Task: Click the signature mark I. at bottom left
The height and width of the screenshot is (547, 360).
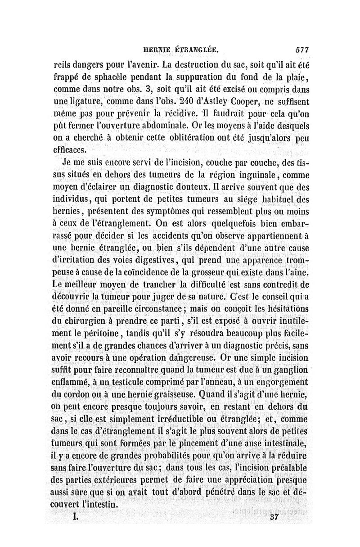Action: [x=76, y=518]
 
